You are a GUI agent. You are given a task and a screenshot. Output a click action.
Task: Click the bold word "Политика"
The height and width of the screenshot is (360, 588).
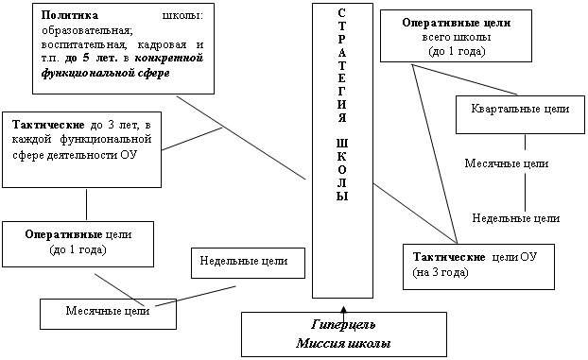[x=69, y=15]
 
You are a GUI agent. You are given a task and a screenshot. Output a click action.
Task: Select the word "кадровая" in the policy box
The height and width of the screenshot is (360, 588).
[x=162, y=44]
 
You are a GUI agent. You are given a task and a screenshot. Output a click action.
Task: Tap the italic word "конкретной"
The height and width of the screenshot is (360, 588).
[x=169, y=59]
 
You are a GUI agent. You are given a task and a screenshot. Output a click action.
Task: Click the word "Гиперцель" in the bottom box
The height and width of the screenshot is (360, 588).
[x=343, y=324]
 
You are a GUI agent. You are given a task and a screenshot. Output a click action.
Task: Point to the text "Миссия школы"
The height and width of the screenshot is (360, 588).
[x=343, y=343]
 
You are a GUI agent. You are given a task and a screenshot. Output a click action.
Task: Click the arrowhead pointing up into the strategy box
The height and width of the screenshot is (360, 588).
[x=343, y=310]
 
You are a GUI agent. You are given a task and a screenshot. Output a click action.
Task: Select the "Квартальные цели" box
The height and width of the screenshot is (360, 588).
[x=520, y=114]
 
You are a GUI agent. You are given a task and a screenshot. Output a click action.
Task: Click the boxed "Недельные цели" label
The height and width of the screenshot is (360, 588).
[x=244, y=261]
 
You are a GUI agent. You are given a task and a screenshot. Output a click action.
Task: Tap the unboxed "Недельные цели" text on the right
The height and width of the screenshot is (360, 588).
[x=516, y=218]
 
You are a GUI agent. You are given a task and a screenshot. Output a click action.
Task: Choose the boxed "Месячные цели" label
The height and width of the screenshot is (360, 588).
[x=108, y=311]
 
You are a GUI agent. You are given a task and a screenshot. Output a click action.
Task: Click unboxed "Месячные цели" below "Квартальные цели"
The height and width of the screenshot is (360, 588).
[x=507, y=163]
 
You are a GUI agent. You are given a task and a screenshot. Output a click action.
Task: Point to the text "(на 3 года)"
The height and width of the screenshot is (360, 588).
[x=441, y=272]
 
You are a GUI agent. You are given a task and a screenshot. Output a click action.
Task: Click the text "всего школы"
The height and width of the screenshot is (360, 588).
[x=457, y=37]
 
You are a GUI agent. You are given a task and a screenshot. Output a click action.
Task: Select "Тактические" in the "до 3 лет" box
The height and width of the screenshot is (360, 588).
[x=48, y=125]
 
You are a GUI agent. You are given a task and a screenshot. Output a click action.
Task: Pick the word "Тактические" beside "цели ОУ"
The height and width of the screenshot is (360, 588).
[x=449, y=257]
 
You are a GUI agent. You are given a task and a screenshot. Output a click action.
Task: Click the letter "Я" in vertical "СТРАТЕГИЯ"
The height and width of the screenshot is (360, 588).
[x=342, y=117]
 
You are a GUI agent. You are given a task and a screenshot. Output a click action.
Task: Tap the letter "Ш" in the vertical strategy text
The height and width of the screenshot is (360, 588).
[x=342, y=144]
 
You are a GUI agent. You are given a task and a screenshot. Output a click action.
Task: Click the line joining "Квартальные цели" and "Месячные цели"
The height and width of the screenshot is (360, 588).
[x=525, y=143]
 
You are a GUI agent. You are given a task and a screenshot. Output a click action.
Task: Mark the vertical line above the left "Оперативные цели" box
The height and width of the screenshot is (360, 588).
[x=87, y=204]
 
